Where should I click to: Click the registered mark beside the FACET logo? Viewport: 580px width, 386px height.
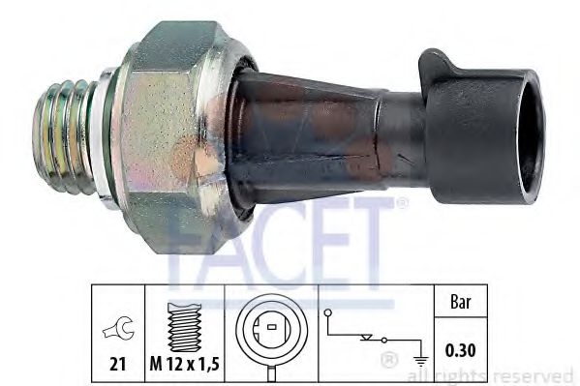[402, 203]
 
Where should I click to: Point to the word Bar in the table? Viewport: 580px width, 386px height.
[462, 301]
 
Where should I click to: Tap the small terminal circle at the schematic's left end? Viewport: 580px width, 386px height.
[328, 312]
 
